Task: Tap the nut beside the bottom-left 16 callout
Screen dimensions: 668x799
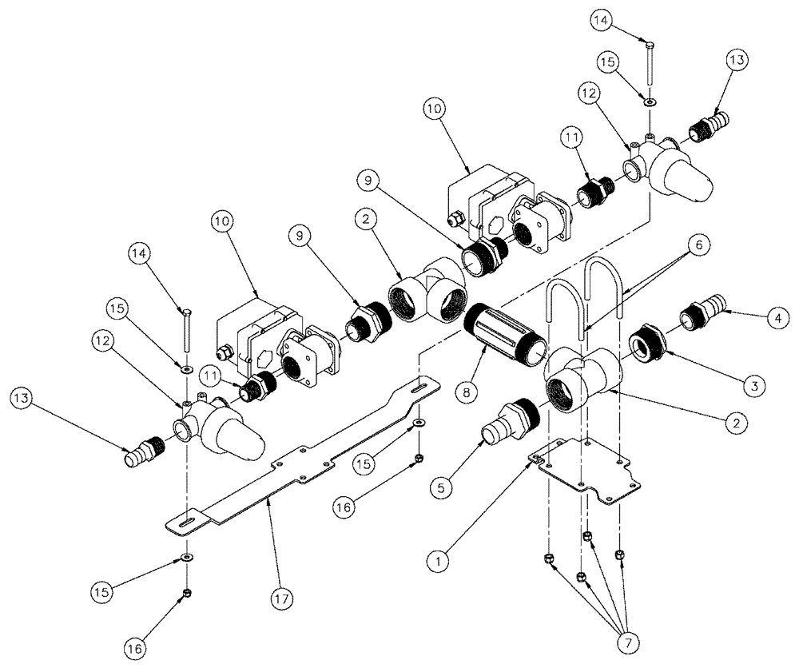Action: click(186, 592)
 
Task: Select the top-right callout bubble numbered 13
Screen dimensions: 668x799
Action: click(738, 59)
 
